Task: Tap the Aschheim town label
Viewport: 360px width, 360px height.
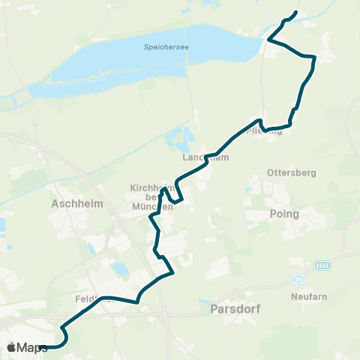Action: (72, 202)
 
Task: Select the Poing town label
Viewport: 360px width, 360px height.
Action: (283, 214)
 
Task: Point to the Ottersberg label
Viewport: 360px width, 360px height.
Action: (291, 172)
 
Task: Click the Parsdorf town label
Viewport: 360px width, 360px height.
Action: (231, 307)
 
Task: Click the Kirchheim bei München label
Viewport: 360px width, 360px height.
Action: (151, 196)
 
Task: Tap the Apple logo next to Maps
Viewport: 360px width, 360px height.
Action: (11, 347)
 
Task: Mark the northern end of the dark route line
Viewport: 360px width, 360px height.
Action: (296, 12)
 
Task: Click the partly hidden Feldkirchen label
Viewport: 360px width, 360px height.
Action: (93, 298)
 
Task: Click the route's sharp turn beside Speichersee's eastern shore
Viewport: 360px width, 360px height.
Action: (269, 39)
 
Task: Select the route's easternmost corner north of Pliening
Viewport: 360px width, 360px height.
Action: (314, 57)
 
